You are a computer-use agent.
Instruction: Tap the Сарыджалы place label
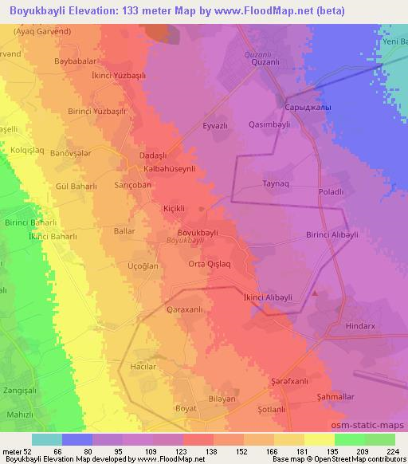[308, 107]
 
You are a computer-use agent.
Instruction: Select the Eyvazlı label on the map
[215, 126]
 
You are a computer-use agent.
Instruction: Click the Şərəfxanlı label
[289, 382]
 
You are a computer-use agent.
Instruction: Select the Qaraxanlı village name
[185, 309]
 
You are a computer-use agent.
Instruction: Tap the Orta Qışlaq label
[209, 264]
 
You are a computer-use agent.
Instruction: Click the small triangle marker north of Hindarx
[316, 293]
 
